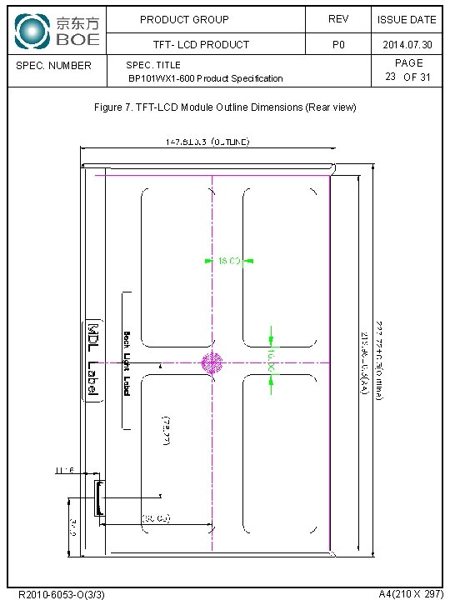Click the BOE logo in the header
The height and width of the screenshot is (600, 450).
[57, 31]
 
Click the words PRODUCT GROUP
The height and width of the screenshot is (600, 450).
[184, 19]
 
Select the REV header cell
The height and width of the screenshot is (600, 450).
[338, 19]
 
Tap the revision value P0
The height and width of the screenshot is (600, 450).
[338, 44]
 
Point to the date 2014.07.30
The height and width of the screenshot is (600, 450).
[407, 44]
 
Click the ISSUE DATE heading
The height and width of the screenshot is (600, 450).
[407, 19]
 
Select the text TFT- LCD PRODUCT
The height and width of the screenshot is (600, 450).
[201, 44]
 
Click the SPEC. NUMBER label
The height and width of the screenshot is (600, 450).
[54, 65]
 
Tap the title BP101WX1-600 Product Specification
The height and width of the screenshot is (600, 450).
[205, 78]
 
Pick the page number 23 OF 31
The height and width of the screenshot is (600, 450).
[407, 77]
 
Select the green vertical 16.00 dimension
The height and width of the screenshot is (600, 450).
[272, 360]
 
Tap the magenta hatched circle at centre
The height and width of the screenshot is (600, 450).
[212, 362]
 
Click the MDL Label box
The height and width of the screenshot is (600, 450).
[92, 361]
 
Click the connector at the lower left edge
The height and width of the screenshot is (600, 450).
[99, 497]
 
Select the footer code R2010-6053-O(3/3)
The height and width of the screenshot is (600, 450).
[61, 593]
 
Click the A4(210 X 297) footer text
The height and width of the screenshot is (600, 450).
[411, 593]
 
